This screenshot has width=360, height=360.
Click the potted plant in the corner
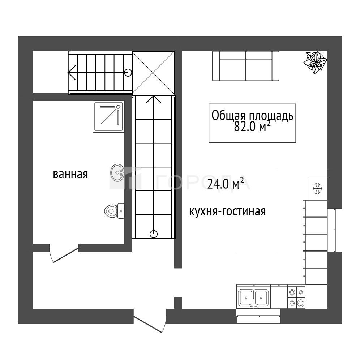coord(315,62)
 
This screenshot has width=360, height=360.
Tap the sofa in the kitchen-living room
coord(246,66)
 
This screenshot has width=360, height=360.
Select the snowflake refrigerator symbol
coord(317,188)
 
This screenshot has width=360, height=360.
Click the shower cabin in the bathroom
coord(108,117)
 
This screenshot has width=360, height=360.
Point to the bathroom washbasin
coord(117,172)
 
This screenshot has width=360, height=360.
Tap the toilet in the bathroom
coord(114,211)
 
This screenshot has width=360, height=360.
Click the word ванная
coord(70,174)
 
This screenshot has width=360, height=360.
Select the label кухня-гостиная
coord(227,211)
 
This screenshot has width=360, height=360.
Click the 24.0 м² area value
coord(226,184)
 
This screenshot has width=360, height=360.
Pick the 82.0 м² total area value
coord(252,127)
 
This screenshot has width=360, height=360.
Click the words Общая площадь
coord(252,116)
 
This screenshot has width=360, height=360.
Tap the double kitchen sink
coord(254,297)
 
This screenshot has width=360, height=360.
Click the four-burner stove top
coord(296,297)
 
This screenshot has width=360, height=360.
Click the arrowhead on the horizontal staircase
coord(72,73)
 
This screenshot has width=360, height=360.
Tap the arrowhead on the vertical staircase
coord(154,99)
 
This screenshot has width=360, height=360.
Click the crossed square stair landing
coord(153,73)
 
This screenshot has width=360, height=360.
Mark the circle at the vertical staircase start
coord(154,234)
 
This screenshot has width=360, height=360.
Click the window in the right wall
coord(335,230)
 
